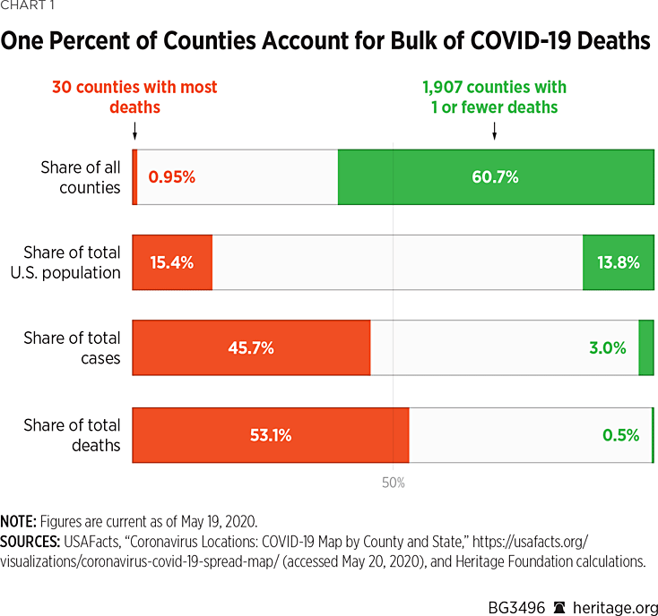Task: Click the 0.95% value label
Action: pos(172,177)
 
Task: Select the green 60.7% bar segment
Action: pos(495,177)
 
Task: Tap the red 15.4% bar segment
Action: pos(172,262)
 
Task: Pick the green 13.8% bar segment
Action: pos(618,262)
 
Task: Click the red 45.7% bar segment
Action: pos(251,347)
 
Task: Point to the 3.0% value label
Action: pos(607,347)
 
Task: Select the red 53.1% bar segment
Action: pos(270,435)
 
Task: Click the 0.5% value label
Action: pos(620,435)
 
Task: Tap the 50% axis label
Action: pos(394,483)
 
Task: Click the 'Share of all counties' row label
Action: pos(81,177)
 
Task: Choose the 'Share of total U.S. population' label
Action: pos(72,262)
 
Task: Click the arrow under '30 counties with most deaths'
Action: pos(134,132)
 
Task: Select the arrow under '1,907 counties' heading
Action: pos(494,132)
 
